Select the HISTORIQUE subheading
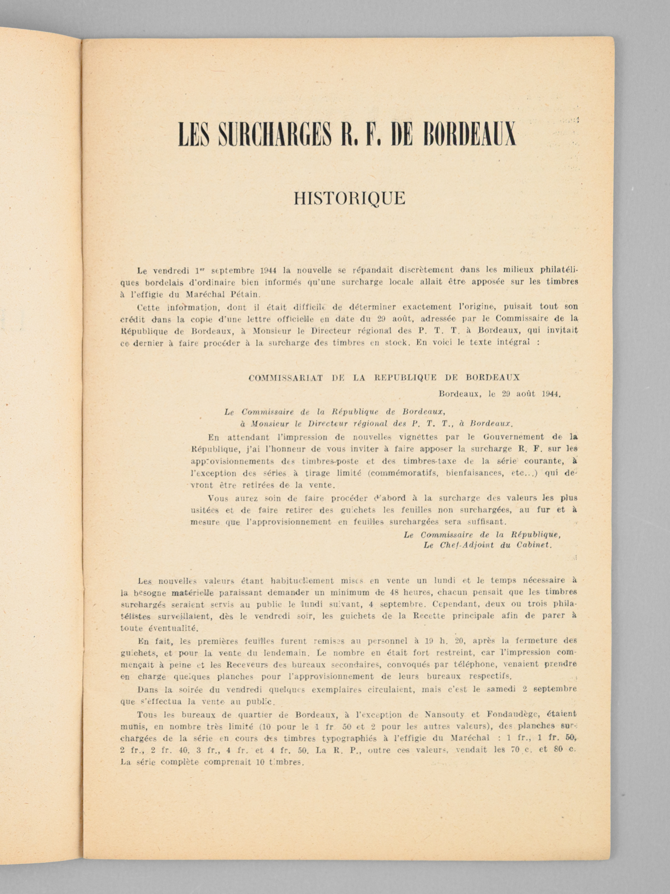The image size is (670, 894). click(x=350, y=198)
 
